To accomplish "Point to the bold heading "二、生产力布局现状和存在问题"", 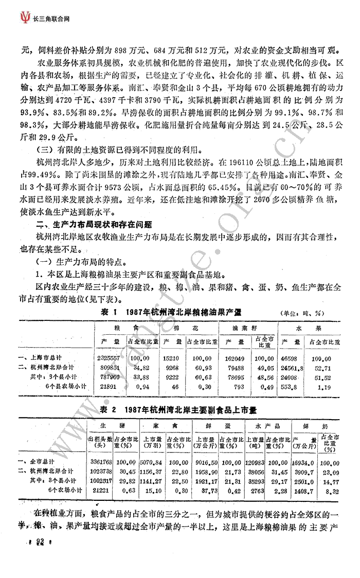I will point(98,224).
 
